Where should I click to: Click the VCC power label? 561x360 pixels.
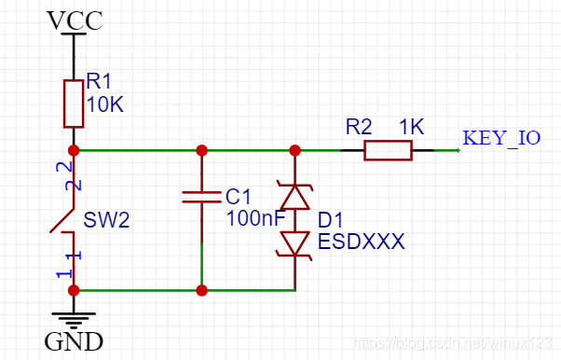pos(75,20)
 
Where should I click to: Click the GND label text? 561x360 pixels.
pos(75,341)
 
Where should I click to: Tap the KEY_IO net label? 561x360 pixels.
pos(501,138)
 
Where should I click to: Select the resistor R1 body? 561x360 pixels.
pos(74,104)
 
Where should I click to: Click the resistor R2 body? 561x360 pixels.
pos(388,150)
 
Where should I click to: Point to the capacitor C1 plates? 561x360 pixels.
pos(202,197)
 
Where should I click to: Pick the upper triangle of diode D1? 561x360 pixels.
pos(295,197)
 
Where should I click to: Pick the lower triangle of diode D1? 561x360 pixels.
pos(295,242)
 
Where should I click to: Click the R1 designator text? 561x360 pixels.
pos(98,81)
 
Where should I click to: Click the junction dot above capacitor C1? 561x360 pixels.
pos(202,150)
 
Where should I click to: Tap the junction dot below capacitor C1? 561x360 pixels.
pos(202,290)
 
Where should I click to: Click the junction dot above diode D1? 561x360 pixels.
pos(295,150)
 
